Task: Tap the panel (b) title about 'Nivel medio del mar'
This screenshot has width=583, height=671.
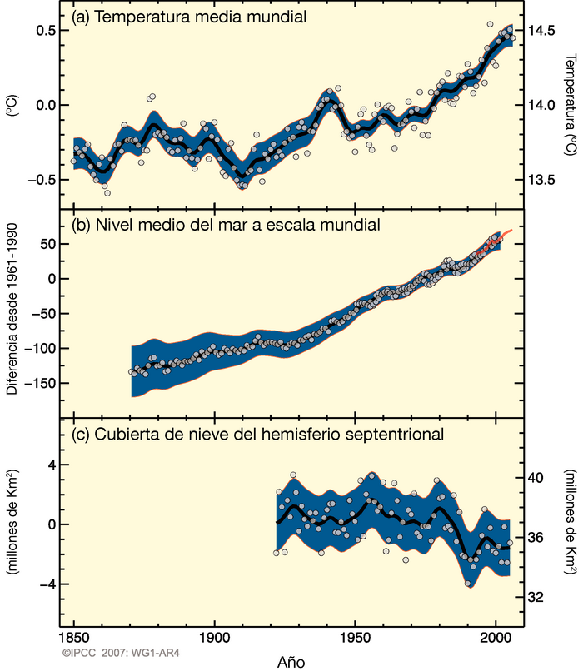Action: (227, 225)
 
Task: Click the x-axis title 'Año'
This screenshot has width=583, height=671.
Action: (291, 661)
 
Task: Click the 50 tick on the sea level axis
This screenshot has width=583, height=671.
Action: (45, 243)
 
